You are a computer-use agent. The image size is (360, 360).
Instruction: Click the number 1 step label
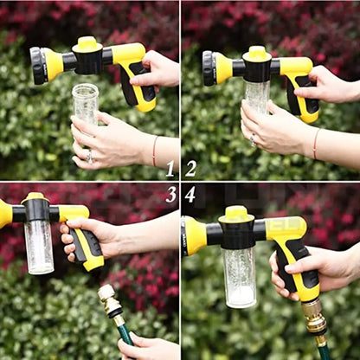click(x=170, y=169)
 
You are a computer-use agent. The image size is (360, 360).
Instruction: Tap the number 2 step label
click(x=190, y=169)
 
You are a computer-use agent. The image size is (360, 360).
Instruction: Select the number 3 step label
click(x=170, y=194)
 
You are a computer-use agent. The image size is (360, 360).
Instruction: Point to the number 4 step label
click(x=190, y=195)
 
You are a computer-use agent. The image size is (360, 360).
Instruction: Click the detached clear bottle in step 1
click(x=85, y=104)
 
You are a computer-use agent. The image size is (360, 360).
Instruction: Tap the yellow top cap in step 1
click(x=87, y=43)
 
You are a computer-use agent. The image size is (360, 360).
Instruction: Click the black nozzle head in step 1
click(x=38, y=65)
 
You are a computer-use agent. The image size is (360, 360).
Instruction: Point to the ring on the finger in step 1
click(x=88, y=156)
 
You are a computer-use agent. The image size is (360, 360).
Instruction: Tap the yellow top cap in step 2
click(x=258, y=53)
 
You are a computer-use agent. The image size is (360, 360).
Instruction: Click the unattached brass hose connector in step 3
click(x=110, y=303)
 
